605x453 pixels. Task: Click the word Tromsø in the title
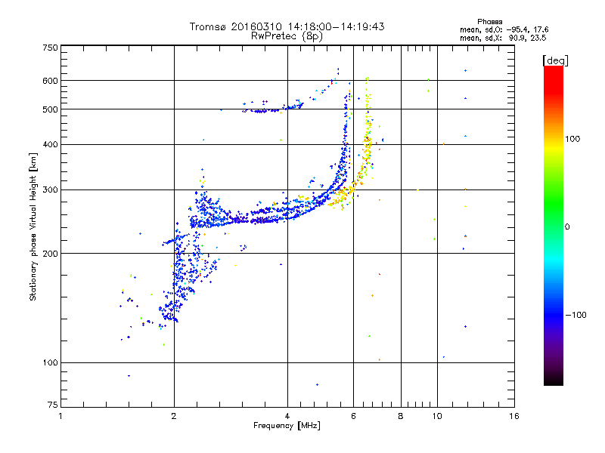tap(209, 26)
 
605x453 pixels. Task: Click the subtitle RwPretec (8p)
tap(287, 36)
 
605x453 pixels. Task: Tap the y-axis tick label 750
tap(50, 48)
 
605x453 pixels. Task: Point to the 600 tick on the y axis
tap(50, 81)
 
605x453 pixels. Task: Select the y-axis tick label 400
tap(50, 144)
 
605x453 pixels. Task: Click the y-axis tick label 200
tap(50, 254)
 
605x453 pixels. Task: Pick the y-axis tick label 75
tap(53, 405)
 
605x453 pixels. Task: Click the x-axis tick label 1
tap(60, 416)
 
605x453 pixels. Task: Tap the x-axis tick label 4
tap(287, 416)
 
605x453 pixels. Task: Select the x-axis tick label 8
tap(401, 416)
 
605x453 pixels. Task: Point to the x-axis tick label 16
tap(514, 416)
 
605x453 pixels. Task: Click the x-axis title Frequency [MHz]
tap(287, 426)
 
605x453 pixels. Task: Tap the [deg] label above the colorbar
tap(555, 61)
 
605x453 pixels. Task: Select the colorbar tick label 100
tap(572, 139)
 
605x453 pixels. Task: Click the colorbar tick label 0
tap(567, 227)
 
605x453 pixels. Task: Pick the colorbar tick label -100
tap(576, 315)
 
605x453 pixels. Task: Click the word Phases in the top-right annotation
tap(489, 22)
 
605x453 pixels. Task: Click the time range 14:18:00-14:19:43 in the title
tap(336, 26)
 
